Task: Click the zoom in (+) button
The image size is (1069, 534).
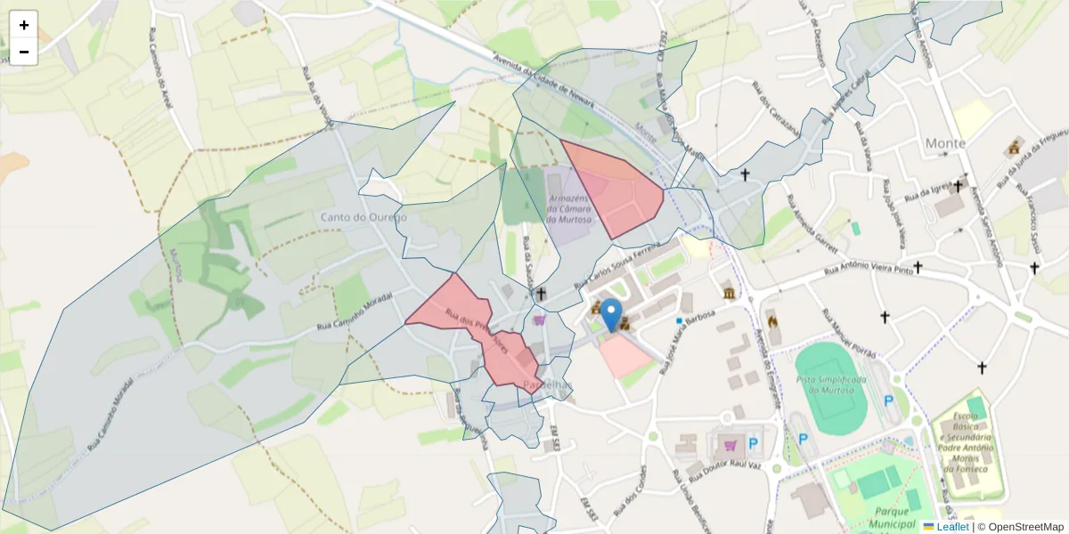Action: point(23,25)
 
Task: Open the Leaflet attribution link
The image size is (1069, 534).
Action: point(951,527)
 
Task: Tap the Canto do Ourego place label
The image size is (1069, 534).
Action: point(363,217)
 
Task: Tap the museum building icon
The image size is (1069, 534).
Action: point(730,294)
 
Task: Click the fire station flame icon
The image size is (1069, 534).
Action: point(772,320)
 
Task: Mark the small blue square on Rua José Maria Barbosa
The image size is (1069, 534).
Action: point(679,320)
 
